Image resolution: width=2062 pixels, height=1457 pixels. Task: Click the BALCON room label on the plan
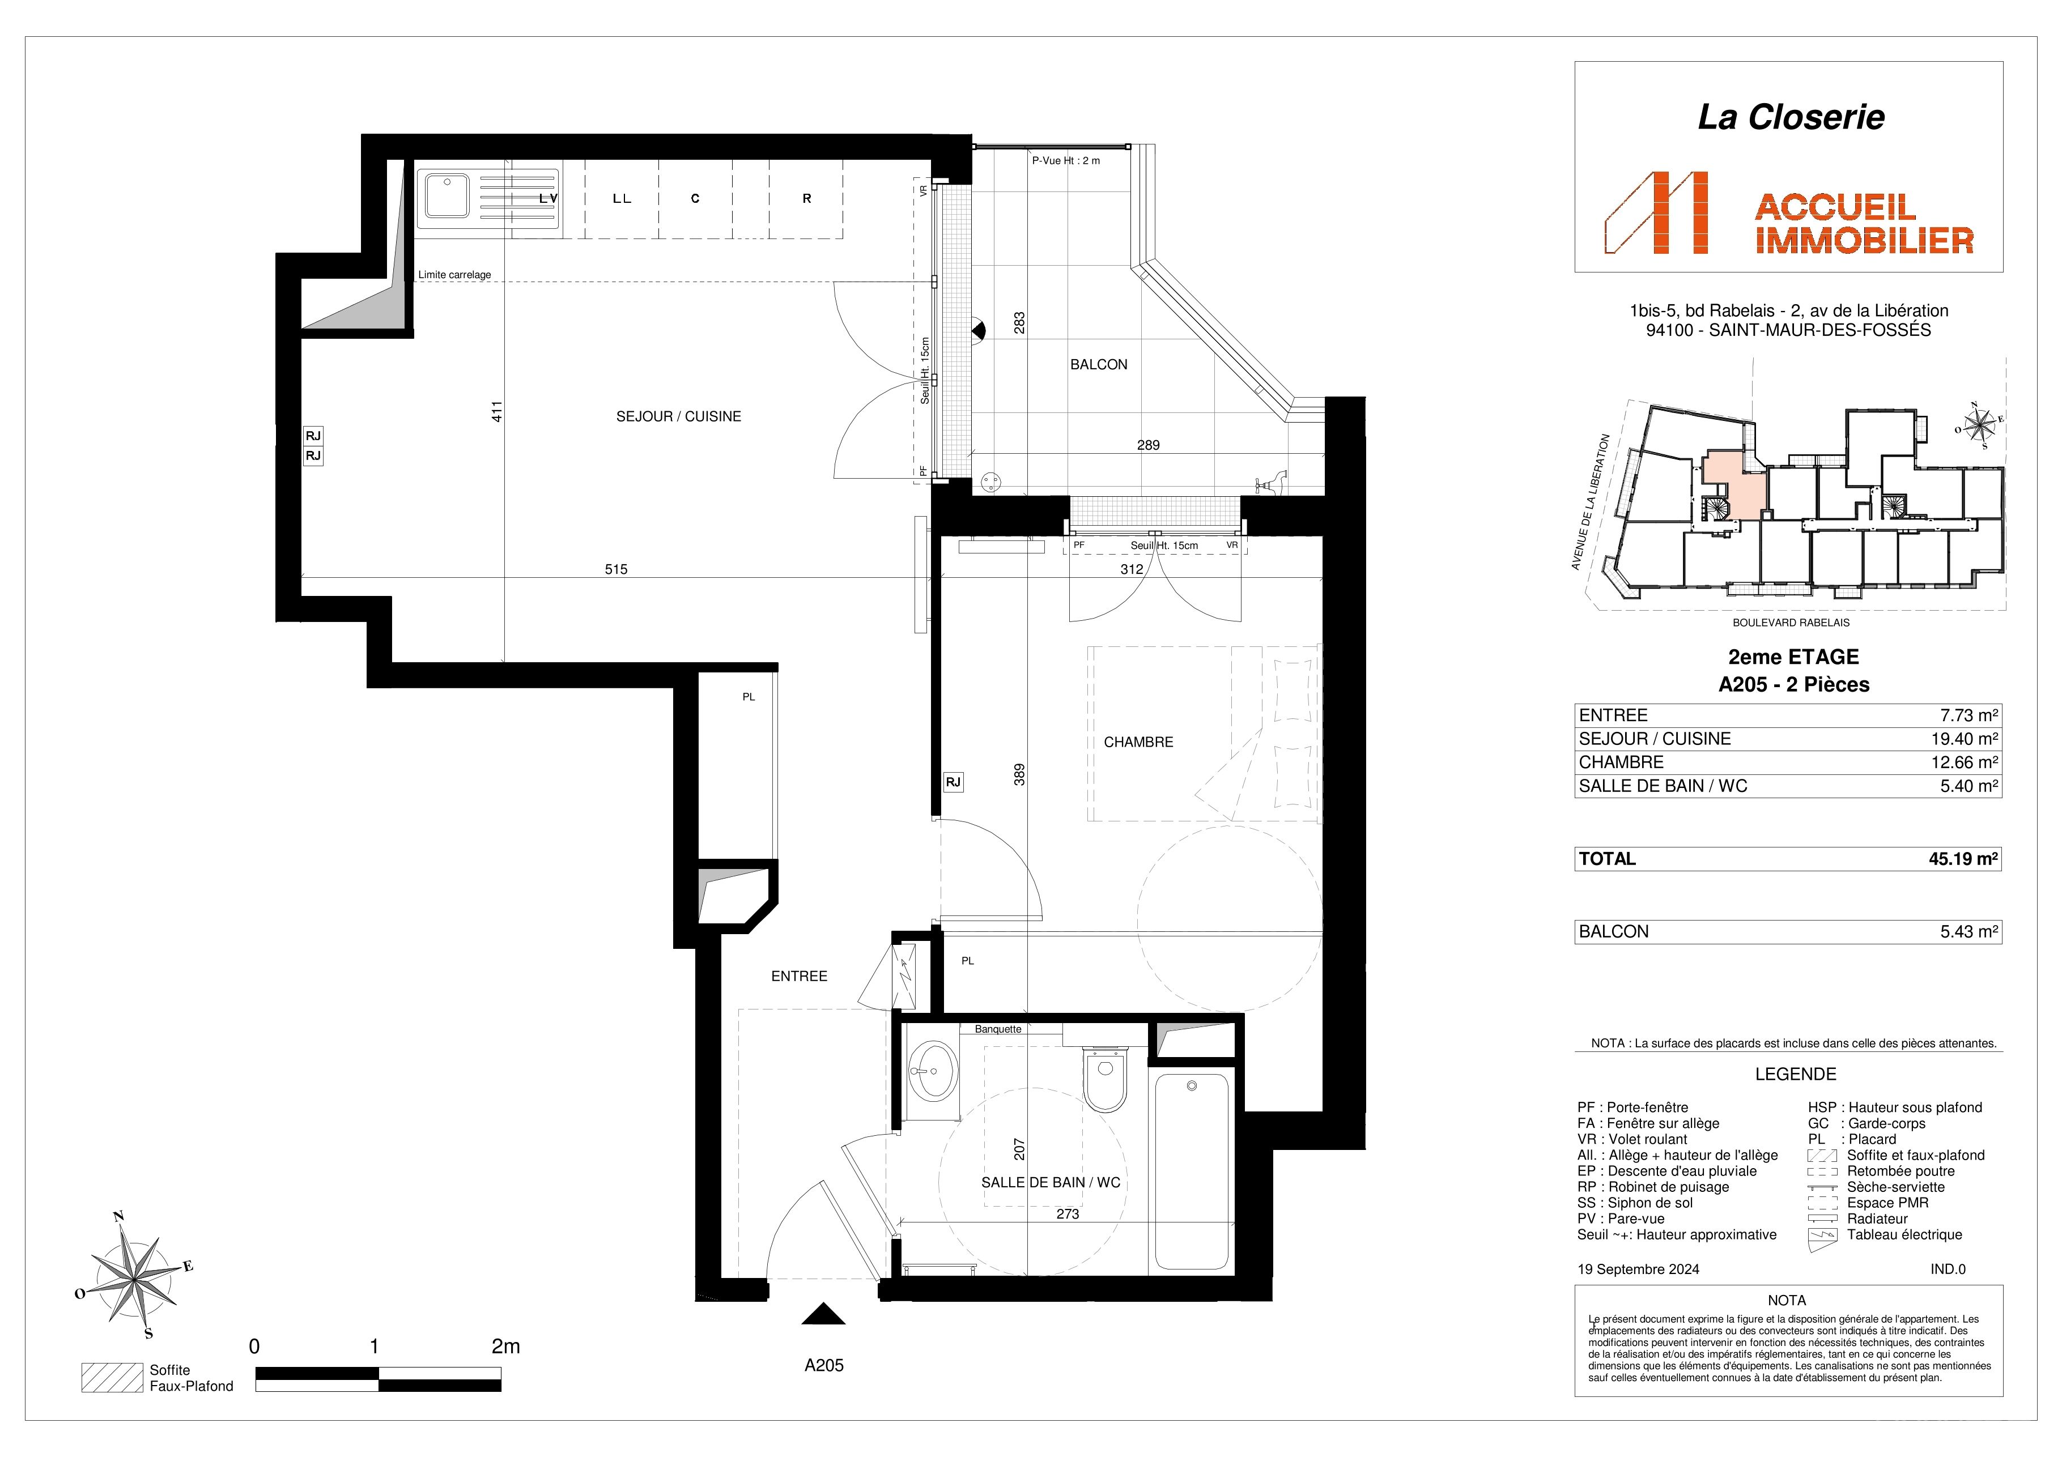(1098, 364)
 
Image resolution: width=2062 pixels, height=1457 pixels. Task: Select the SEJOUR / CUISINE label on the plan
(678, 416)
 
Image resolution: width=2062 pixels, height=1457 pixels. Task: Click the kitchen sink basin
(447, 195)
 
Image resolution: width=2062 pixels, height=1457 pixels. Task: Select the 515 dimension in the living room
(616, 569)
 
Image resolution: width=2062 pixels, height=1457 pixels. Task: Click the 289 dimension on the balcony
(1149, 445)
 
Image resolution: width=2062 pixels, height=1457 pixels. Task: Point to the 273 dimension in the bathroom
(1068, 1215)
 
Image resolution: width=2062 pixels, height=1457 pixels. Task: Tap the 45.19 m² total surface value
(1963, 859)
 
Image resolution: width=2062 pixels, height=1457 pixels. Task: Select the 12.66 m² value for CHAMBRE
(1963, 762)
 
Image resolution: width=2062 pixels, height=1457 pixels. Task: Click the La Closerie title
(1791, 118)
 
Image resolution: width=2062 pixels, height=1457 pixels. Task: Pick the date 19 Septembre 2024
(1638, 1269)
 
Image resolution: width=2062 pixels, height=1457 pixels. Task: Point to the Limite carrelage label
(454, 275)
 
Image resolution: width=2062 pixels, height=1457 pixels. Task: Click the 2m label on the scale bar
(505, 1347)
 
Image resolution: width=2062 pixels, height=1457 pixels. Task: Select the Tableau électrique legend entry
(1904, 1236)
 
